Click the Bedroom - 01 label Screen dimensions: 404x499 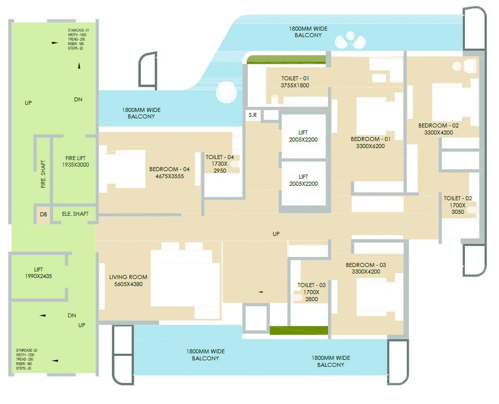(371, 139)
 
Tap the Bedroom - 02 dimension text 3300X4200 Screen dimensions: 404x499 (439, 133)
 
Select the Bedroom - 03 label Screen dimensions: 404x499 (366, 265)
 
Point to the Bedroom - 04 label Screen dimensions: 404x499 (170, 169)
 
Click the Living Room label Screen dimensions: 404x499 (128, 277)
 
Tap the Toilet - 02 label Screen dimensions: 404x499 (457, 199)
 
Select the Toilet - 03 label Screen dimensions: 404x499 (311, 285)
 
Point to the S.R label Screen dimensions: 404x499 (253, 115)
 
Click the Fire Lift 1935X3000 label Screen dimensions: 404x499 (75, 161)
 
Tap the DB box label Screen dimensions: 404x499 (44, 214)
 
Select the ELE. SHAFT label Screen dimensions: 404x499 (75, 214)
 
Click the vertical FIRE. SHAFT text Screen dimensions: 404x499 (43, 174)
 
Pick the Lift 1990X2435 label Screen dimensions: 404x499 (39, 273)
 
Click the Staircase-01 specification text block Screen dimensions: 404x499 (79, 39)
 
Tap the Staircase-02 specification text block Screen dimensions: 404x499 (28, 359)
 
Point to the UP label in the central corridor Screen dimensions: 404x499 (276, 234)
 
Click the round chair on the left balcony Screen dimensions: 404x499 (226, 92)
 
